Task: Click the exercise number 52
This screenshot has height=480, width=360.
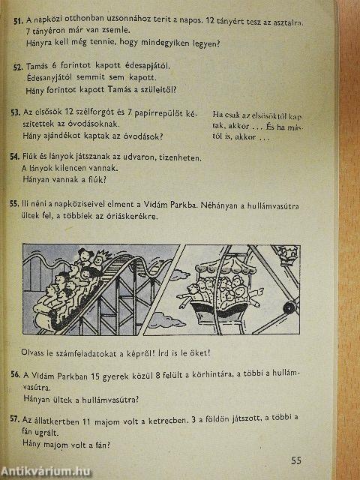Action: point(17,67)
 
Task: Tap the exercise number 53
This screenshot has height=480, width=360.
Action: point(15,112)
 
